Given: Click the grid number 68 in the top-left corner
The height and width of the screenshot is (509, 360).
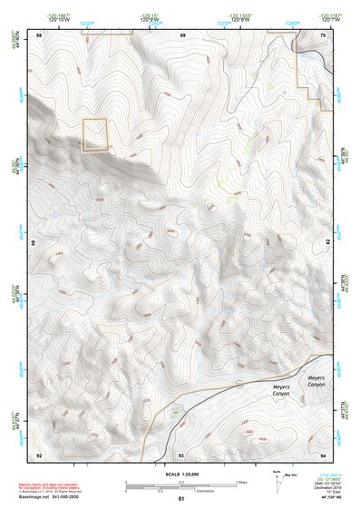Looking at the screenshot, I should coord(39,34).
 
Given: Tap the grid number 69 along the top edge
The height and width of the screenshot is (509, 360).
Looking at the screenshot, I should coord(181,34).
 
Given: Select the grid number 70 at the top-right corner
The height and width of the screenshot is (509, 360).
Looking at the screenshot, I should coord(324,34).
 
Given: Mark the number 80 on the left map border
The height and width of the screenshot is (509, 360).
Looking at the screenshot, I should coord(35,244).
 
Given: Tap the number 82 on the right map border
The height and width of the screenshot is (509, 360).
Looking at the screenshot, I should coord(327,244).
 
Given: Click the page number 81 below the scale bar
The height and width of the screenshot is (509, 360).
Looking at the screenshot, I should coord(181,499).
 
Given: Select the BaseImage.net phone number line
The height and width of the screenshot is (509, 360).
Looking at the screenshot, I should coord(50,496).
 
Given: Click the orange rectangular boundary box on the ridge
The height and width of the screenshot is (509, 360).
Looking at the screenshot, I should coord(95,134).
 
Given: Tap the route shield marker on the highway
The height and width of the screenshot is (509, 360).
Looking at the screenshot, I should coord(238,385).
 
